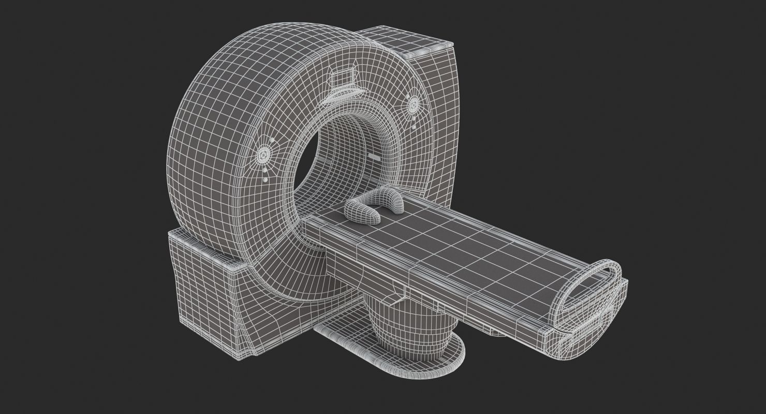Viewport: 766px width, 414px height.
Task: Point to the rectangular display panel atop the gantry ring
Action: point(342,80)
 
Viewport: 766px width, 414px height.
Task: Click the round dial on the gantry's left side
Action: point(264,154)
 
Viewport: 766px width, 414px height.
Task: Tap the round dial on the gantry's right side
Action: point(414,106)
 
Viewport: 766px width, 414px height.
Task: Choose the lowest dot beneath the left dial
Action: point(266,180)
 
